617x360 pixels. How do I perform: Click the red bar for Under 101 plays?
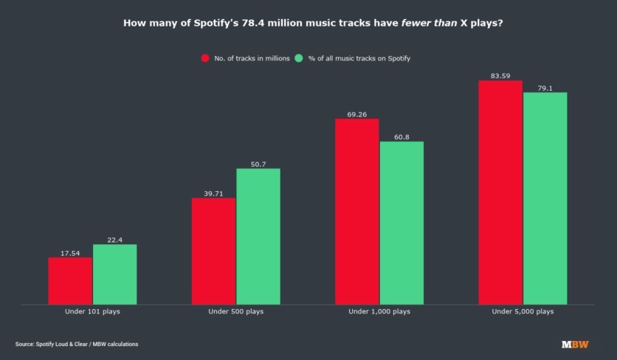[70, 280]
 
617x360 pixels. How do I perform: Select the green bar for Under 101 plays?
[114, 274]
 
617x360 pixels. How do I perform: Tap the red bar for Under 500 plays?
[213, 251]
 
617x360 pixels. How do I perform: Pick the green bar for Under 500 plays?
[258, 236]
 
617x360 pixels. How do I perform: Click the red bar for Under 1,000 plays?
[356, 211]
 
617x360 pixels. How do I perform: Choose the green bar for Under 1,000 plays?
[401, 222]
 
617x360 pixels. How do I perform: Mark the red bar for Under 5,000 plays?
[500, 192]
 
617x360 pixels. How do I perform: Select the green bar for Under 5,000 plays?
[545, 198]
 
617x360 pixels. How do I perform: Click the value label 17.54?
[70, 253]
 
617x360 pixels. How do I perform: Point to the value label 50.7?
[258, 164]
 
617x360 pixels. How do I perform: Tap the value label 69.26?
[356, 114]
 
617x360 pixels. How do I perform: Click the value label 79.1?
[545, 88]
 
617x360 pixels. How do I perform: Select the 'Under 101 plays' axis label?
[92, 312]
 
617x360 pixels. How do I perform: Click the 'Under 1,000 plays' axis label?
[379, 312]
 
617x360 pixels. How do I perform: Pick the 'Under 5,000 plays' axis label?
[523, 312]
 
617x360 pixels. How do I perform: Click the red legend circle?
[205, 58]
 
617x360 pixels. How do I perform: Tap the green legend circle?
[298, 58]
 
